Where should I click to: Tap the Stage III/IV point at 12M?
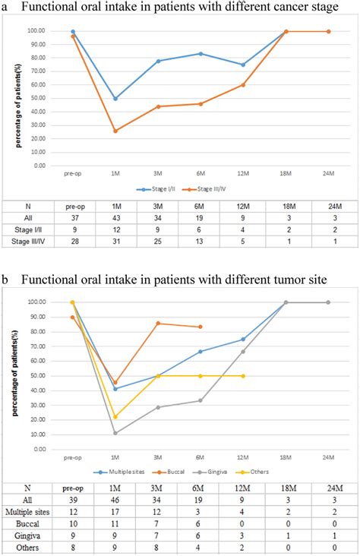(243, 84)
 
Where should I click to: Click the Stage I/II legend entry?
(157, 188)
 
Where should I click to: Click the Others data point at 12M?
(243, 376)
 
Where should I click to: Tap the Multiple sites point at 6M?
(201, 352)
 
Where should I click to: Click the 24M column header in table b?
(329, 488)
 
